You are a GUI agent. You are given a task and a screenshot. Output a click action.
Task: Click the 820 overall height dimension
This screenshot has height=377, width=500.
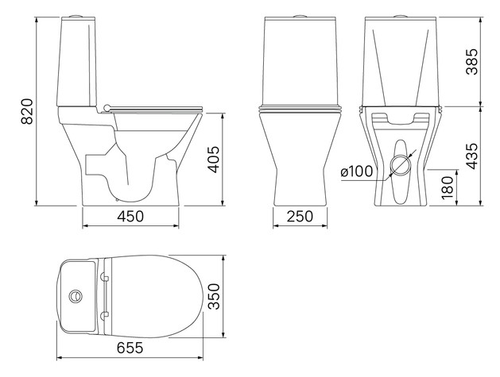(x=27, y=111)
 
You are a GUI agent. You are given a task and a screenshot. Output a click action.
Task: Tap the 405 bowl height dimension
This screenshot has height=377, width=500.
(x=213, y=160)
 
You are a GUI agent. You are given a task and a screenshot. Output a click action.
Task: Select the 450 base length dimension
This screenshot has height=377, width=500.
(x=130, y=217)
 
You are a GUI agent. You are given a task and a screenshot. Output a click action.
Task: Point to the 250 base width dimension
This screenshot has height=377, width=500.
(x=300, y=217)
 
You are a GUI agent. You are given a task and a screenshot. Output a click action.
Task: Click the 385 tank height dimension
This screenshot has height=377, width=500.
(x=472, y=62)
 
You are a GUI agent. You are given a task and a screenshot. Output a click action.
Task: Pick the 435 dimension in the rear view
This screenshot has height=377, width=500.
(x=472, y=156)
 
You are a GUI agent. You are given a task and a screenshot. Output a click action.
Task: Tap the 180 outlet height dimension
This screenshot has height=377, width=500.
(x=448, y=187)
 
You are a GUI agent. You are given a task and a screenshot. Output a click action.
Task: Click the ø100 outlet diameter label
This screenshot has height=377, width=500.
(x=356, y=171)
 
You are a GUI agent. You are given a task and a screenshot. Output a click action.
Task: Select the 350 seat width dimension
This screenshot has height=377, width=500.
(x=214, y=297)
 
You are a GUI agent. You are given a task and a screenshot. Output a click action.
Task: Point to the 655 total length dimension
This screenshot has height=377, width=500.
(x=130, y=348)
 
